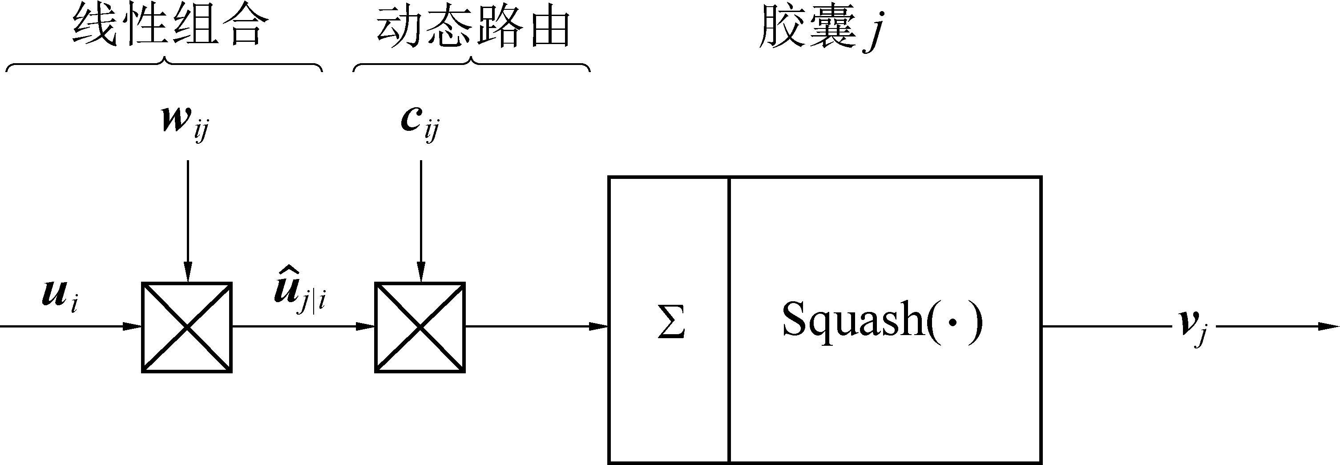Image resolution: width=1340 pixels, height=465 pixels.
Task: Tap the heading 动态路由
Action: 473,27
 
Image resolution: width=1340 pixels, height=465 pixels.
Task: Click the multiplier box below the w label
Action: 187,327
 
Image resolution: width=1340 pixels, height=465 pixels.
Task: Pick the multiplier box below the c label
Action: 420,327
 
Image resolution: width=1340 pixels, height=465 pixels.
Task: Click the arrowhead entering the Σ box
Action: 598,327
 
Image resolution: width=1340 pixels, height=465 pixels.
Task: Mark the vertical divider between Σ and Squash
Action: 729,320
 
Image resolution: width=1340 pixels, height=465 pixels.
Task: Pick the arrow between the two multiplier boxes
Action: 303,327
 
